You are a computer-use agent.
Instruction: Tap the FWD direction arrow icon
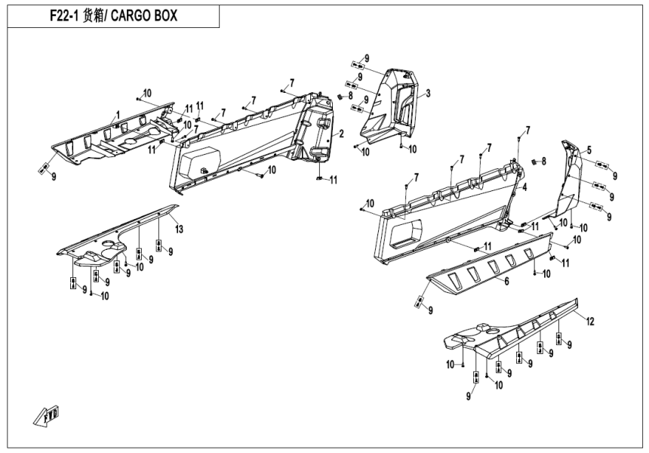47,414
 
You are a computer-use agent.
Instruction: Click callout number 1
117,116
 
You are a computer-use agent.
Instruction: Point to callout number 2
341,134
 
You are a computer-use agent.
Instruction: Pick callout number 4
524,186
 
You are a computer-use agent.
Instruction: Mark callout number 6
506,282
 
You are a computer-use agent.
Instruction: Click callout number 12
590,322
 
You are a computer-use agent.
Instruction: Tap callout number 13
179,228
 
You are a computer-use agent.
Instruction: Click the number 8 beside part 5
543,160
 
